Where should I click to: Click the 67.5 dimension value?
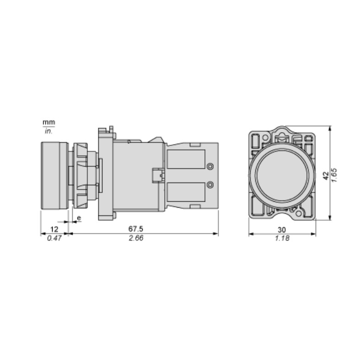pyautogui.click(x=136, y=229)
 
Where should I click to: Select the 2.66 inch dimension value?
pyautogui.click(x=136, y=238)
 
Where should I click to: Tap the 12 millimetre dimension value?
pyautogui.click(x=54, y=229)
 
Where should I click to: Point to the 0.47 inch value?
pyautogui.click(x=54, y=238)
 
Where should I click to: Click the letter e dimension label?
pyautogui.click(x=79, y=218)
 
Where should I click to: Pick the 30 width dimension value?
pyautogui.click(x=282, y=230)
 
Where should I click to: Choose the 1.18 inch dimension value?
pyautogui.click(x=282, y=238)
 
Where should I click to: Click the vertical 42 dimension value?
pyautogui.click(x=326, y=176)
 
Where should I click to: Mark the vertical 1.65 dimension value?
pyautogui.click(x=334, y=175)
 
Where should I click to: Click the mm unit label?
pyautogui.click(x=49, y=122)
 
